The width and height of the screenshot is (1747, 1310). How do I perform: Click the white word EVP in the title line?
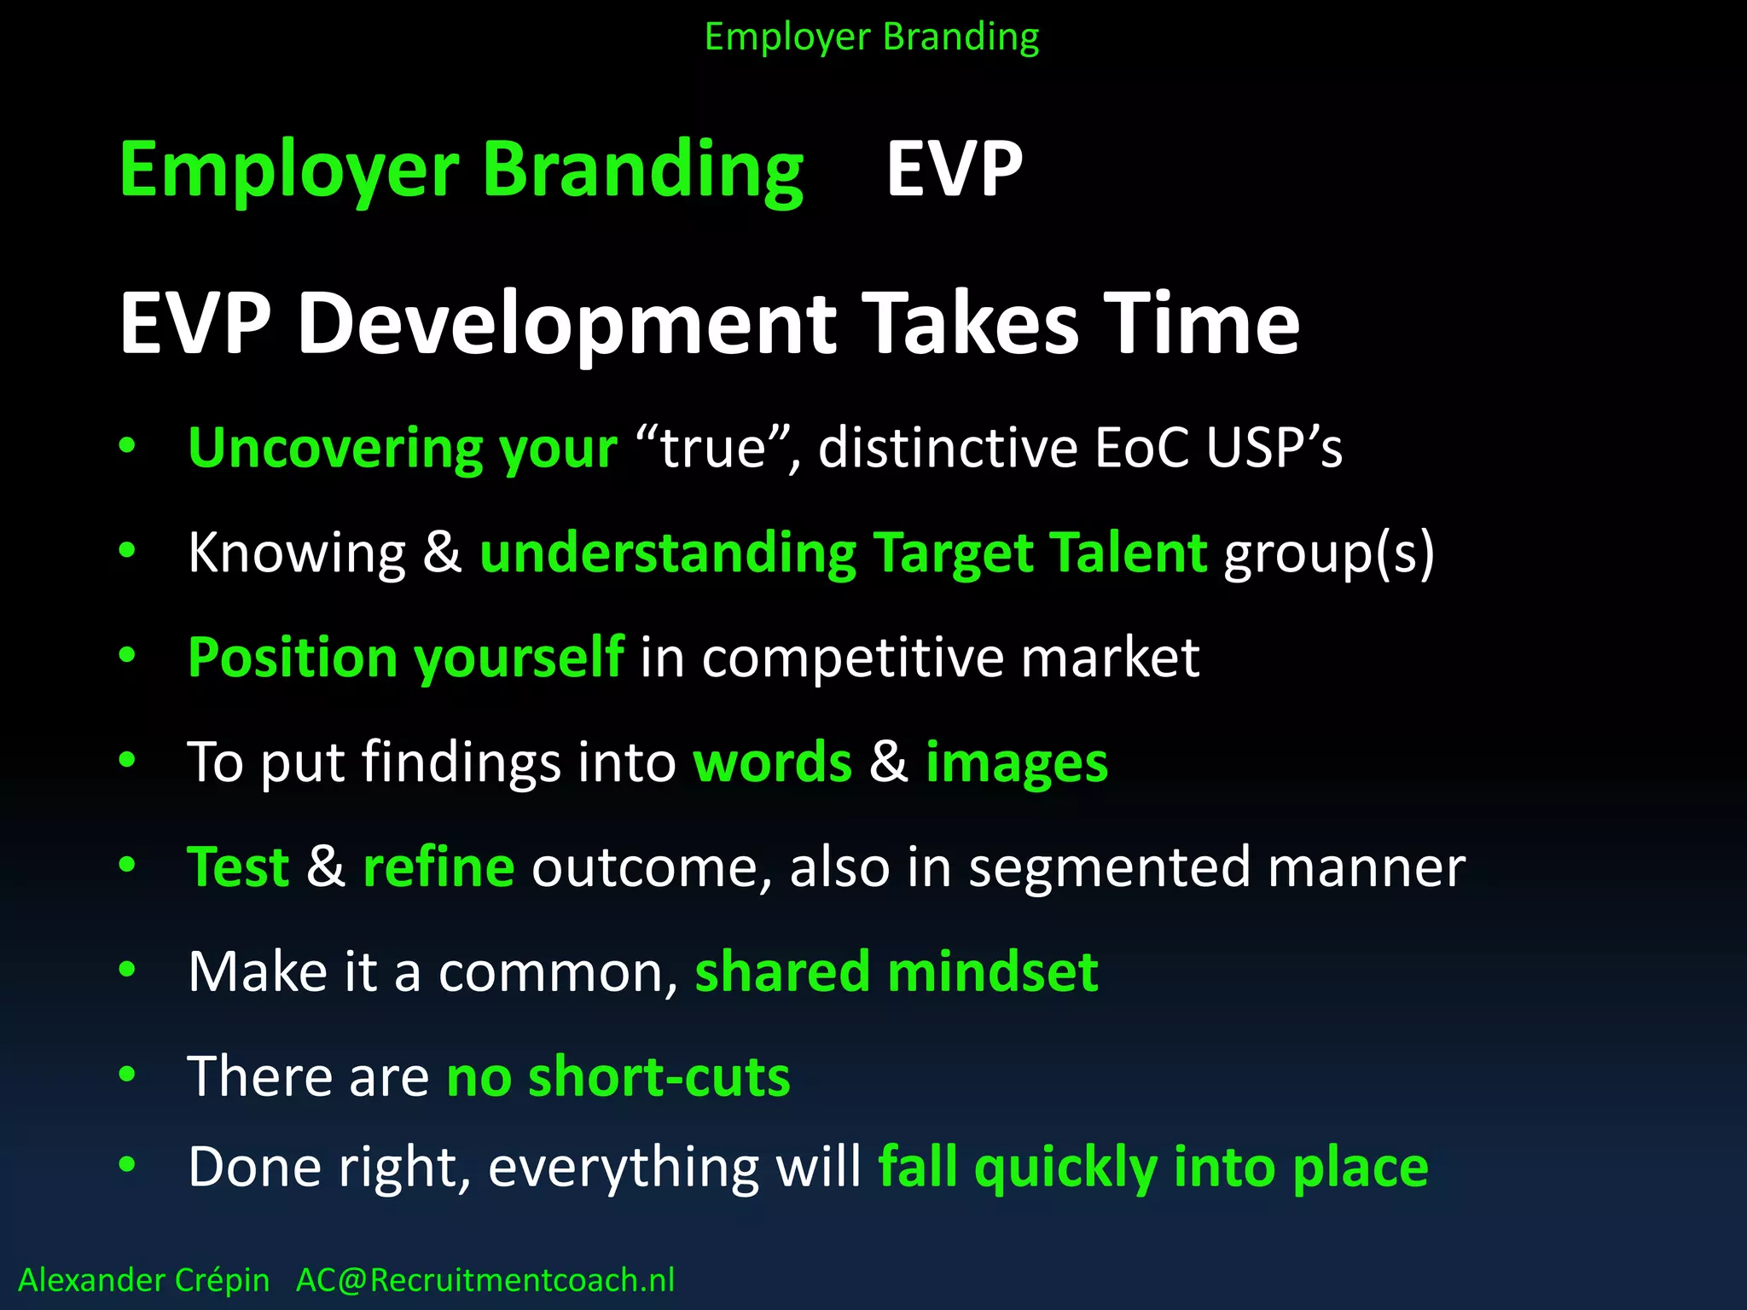(954, 170)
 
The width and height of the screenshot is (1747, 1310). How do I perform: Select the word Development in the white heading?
(567, 324)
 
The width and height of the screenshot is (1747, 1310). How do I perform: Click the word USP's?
(1274, 448)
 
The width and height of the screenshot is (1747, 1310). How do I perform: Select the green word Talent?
(1128, 553)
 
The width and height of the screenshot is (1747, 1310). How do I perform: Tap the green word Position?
(292, 658)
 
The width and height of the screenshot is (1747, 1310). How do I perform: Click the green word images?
(1016, 762)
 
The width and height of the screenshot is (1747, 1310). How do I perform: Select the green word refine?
(438, 867)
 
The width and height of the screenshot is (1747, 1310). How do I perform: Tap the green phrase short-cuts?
(659, 1076)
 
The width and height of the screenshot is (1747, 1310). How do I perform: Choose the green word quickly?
(1065, 1168)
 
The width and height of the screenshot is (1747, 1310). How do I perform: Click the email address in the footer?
(485, 1280)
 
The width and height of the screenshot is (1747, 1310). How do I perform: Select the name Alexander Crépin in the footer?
(143, 1280)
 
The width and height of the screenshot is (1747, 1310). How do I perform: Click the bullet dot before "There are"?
(127, 1075)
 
